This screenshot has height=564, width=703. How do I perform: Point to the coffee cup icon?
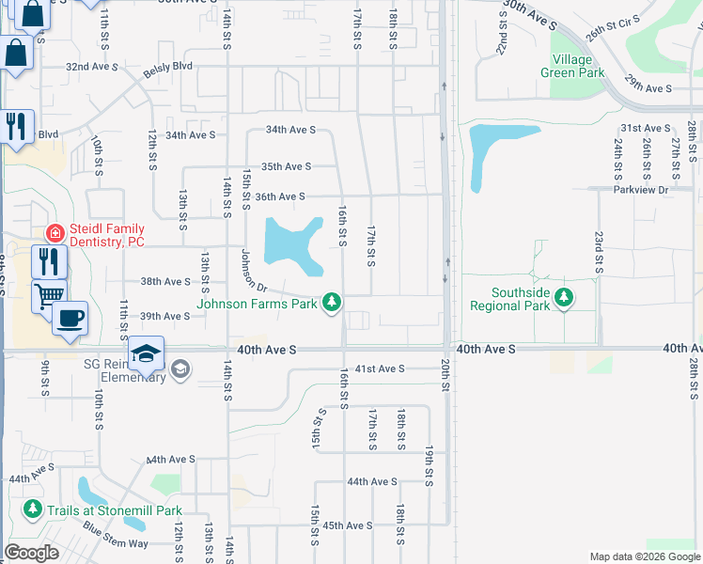point(69,318)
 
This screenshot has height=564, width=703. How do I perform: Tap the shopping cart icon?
point(48,295)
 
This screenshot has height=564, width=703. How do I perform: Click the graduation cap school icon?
point(146,353)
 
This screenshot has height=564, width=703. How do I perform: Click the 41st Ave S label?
point(380,368)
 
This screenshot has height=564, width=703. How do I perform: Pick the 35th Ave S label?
point(286,166)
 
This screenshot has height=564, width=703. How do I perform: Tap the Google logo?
point(32,553)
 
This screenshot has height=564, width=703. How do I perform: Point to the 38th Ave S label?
point(164,281)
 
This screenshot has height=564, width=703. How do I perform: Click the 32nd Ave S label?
point(92,67)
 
